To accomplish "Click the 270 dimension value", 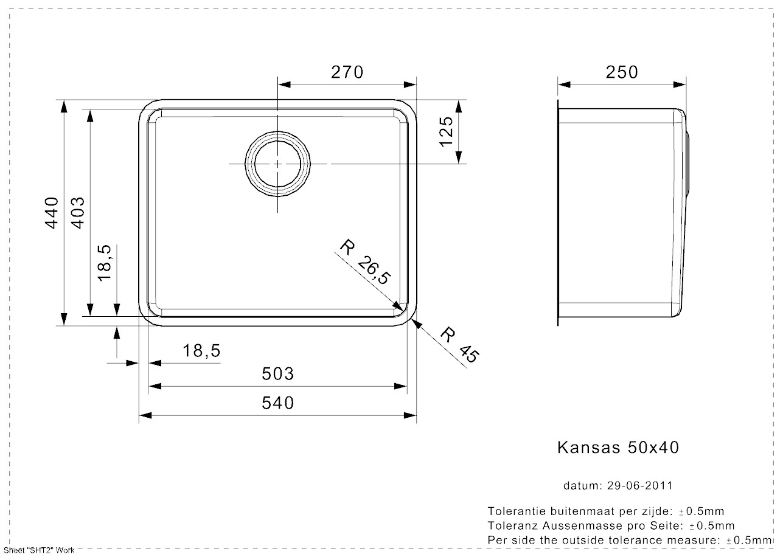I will pyautogui.click(x=347, y=72).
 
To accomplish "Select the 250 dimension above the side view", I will pyautogui.click(x=622, y=72).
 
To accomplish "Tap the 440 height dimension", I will pyautogui.click(x=52, y=212).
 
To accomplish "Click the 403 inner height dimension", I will pyautogui.click(x=78, y=212).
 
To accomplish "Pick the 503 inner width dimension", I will pyautogui.click(x=277, y=373).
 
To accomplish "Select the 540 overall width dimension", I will pyautogui.click(x=277, y=403).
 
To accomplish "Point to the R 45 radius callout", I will pyautogui.click(x=458, y=345).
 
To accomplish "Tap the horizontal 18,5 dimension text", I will pyautogui.click(x=200, y=351).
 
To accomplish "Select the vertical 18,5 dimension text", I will pyautogui.click(x=104, y=262).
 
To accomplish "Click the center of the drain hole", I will pyautogui.click(x=278, y=164).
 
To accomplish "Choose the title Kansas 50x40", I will pyautogui.click(x=618, y=448).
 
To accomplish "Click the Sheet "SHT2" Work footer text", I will pyautogui.click(x=38, y=550).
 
